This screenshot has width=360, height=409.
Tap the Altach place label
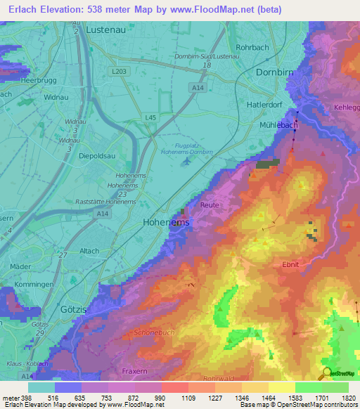[x=89, y=251]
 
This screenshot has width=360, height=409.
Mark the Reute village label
[x=210, y=204]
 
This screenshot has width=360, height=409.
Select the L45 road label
[x=150, y=116]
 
